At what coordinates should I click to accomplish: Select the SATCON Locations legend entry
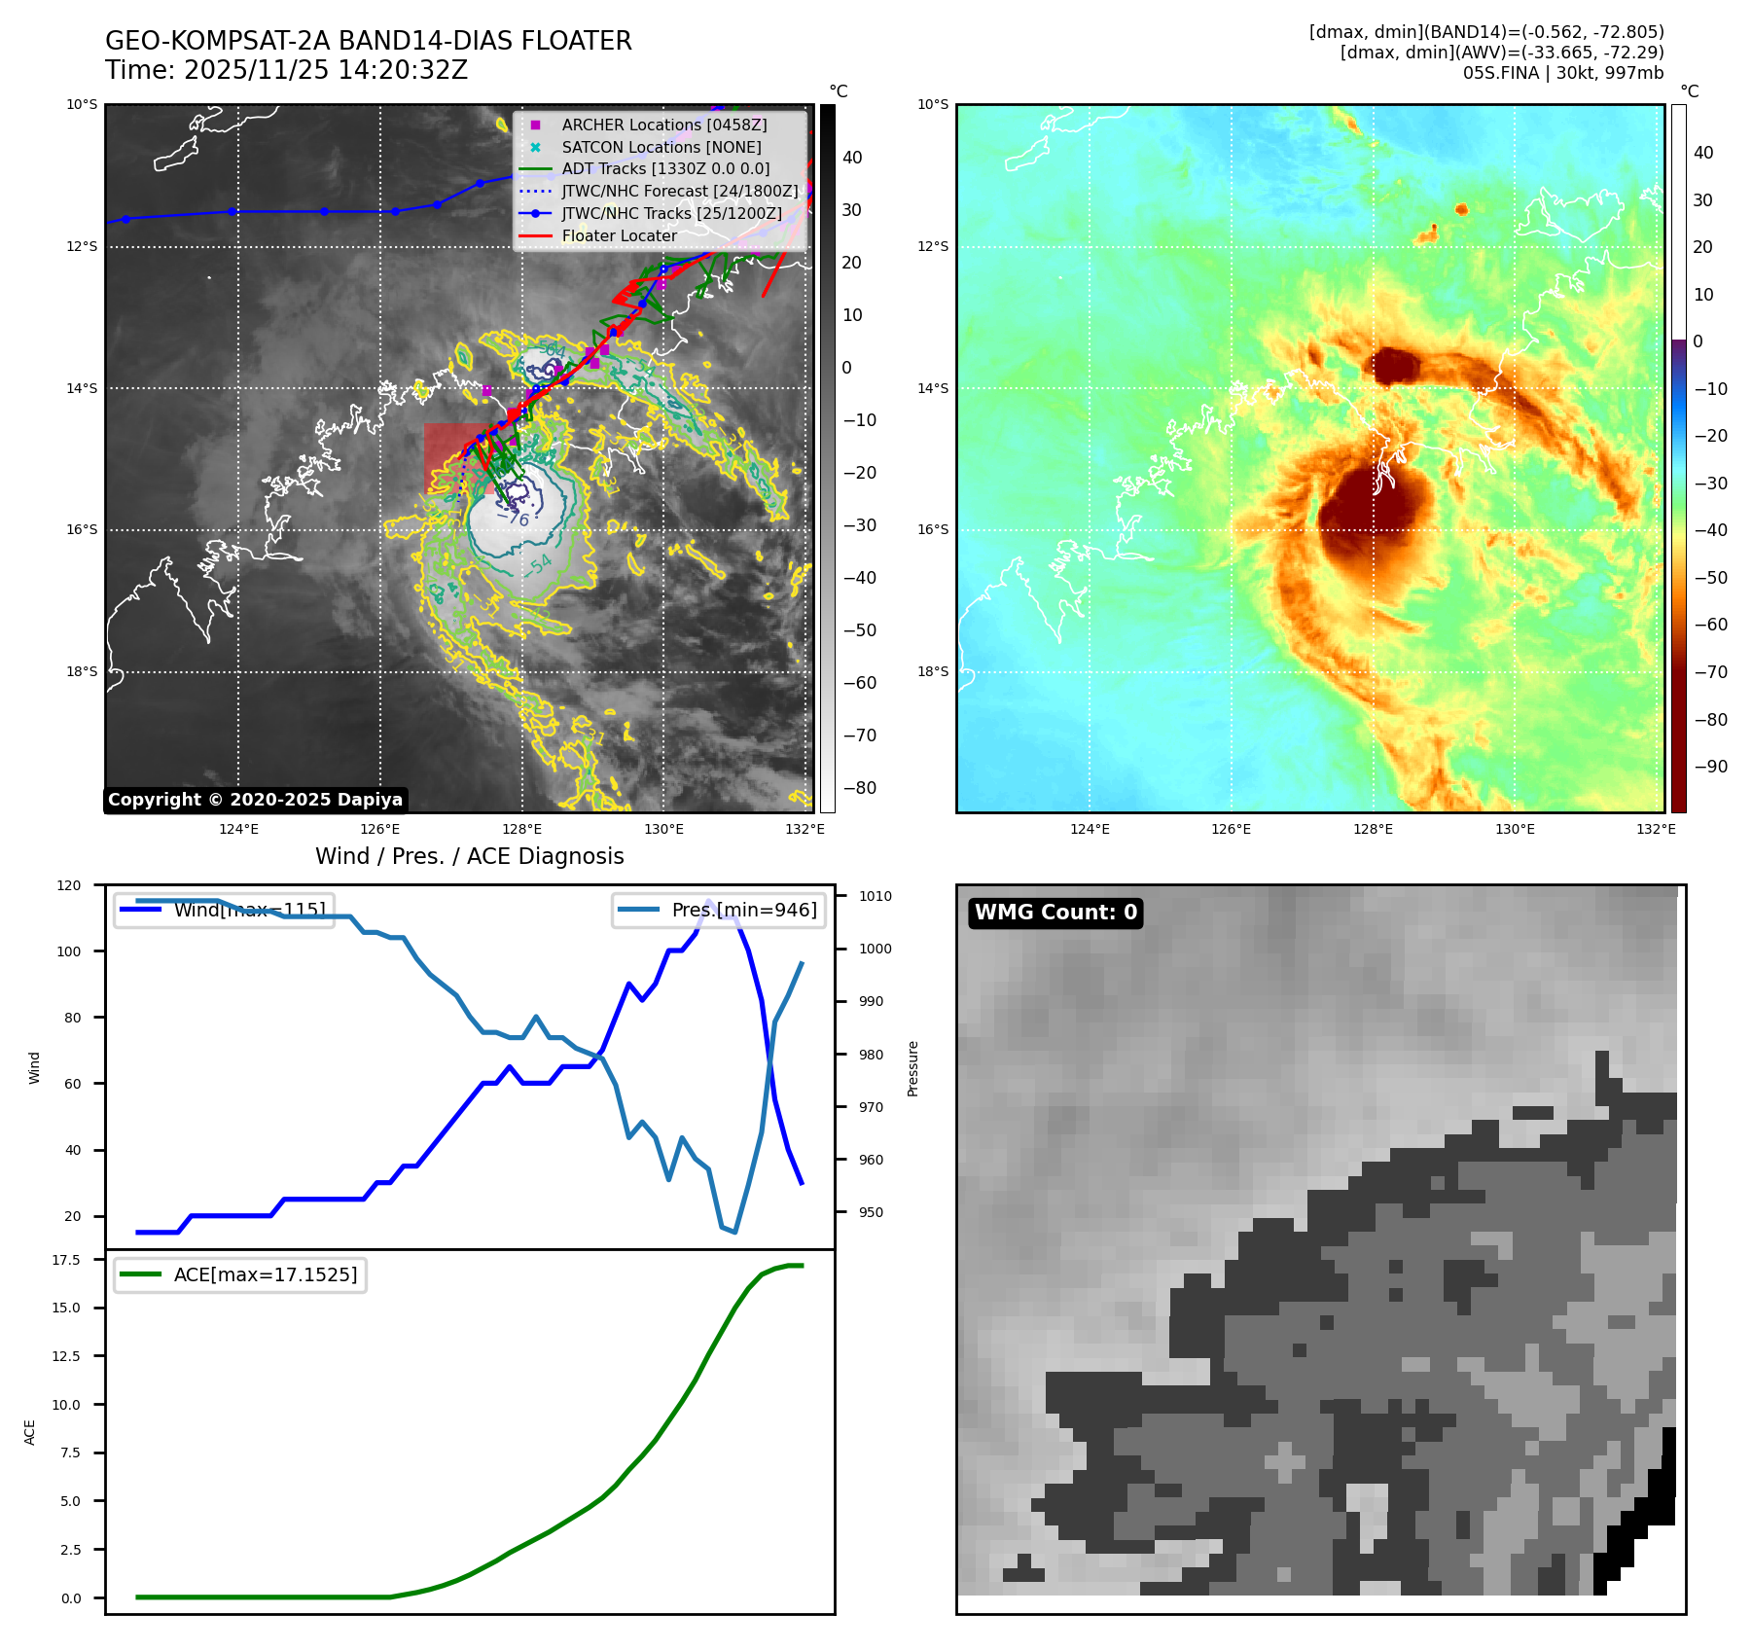pyautogui.click(x=661, y=147)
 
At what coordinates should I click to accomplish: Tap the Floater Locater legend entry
pyautogui.click(x=619, y=235)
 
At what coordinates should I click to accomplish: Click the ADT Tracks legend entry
pyautogui.click(x=665, y=168)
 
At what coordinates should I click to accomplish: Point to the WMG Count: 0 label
pyautogui.click(x=1055, y=913)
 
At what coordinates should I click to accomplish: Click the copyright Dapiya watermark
pyautogui.click(x=255, y=800)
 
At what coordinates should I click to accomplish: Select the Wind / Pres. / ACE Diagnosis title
pyautogui.click(x=470, y=856)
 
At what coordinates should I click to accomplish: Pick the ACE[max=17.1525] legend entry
pyautogui.click(x=265, y=1274)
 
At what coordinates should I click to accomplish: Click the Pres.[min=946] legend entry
pyautogui.click(x=744, y=910)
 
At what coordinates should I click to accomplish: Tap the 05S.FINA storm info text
pyautogui.click(x=1562, y=73)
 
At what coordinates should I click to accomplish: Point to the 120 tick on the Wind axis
pyautogui.click(x=69, y=885)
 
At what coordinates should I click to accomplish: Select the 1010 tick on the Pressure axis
pyautogui.click(x=875, y=896)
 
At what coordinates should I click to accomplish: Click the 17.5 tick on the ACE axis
pyautogui.click(x=66, y=1260)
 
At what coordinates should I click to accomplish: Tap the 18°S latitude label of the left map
pyautogui.click(x=82, y=671)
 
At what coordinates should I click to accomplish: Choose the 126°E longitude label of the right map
pyautogui.click(x=1232, y=829)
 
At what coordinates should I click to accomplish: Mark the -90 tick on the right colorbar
pyautogui.click(x=1710, y=767)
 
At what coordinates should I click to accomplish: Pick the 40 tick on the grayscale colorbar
pyautogui.click(x=852, y=158)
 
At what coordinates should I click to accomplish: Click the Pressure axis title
pyautogui.click(x=913, y=1068)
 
